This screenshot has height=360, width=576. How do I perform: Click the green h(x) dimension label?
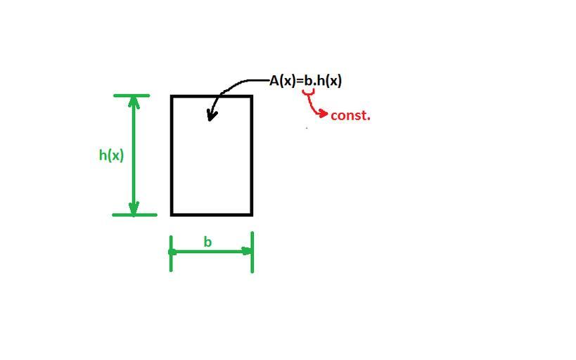coord(111,155)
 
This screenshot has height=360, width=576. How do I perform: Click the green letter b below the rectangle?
coord(207,242)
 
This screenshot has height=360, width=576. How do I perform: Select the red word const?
coord(350,115)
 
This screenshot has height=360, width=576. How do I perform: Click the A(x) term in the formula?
coord(283,81)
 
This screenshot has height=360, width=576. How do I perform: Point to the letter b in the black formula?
coord(307,81)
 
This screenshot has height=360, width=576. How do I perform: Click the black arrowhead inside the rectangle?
coord(211,115)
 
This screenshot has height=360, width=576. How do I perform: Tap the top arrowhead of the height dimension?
coord(134,101)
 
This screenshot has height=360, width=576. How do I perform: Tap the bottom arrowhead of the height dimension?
coord(134,209)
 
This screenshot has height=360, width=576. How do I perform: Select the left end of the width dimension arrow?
coord(173,251)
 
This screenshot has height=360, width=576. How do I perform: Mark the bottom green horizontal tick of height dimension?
coord(134,214)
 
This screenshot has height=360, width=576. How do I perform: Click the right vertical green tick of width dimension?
coord(252,252)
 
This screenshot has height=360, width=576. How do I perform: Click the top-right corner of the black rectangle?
coord(252,96)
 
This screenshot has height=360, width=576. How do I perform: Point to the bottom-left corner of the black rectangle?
coord(172,214)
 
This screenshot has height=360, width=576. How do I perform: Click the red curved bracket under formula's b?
coord(307,91)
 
